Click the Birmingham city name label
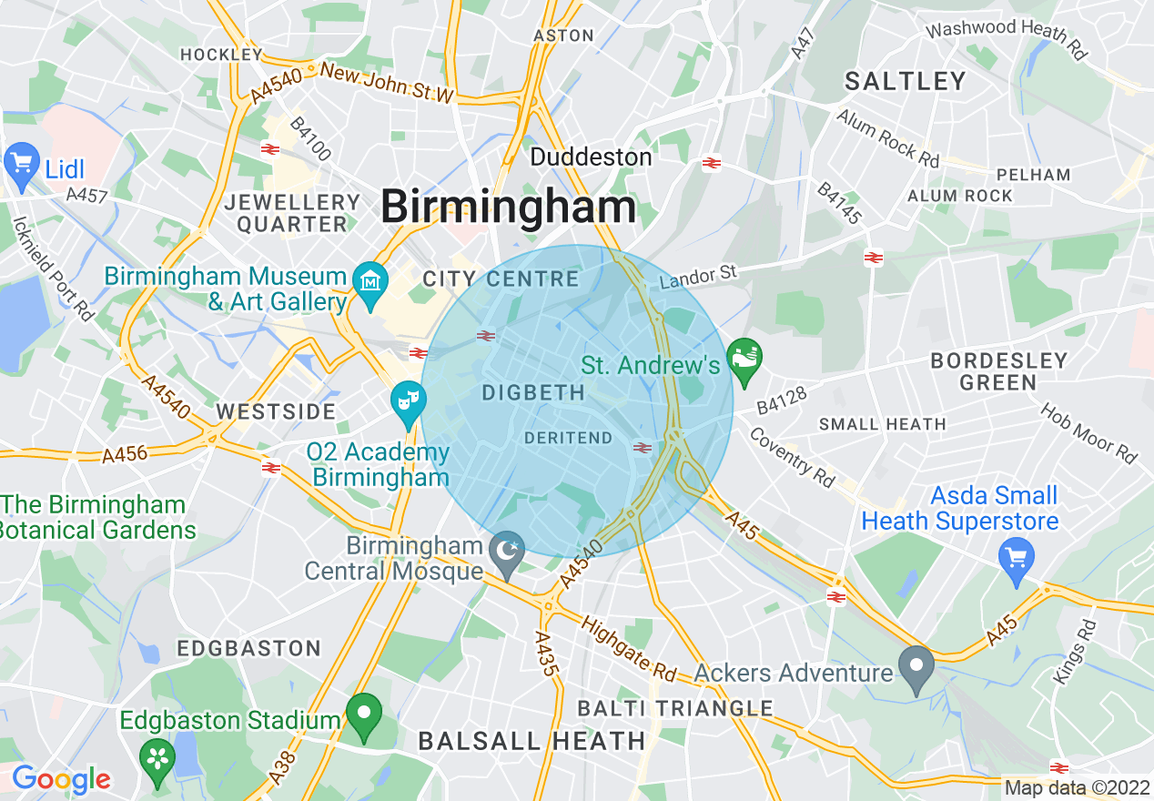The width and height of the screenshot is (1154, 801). pos(508,207)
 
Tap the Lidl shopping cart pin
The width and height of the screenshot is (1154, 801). pos(21,164)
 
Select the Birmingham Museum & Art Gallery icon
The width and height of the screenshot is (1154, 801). pos(370,282)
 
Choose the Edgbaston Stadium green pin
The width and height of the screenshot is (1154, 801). pos(365,715)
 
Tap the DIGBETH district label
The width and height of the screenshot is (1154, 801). pos(533,392)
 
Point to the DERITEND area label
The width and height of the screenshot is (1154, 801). pos(569,438)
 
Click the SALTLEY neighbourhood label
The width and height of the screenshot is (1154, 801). pos(905,81)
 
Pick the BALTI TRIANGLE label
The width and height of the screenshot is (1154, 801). pos(675,708)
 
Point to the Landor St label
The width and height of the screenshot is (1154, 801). pos(698,274)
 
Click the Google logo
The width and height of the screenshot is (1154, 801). pos(60,779)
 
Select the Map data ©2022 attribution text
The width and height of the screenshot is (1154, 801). pos(1076,788)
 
